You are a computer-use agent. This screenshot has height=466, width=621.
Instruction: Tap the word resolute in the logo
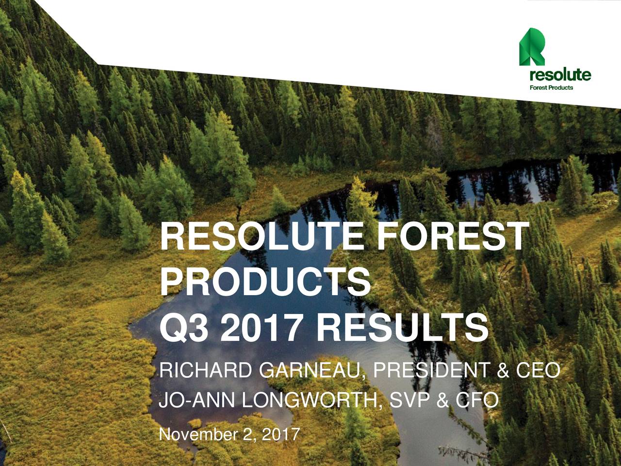(559, 76)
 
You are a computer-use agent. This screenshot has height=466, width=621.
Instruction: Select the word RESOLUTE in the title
(262, 237)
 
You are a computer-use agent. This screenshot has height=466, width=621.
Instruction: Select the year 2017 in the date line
(280, 433)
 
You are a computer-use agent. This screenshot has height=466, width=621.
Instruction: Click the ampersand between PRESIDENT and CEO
(503, 372)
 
